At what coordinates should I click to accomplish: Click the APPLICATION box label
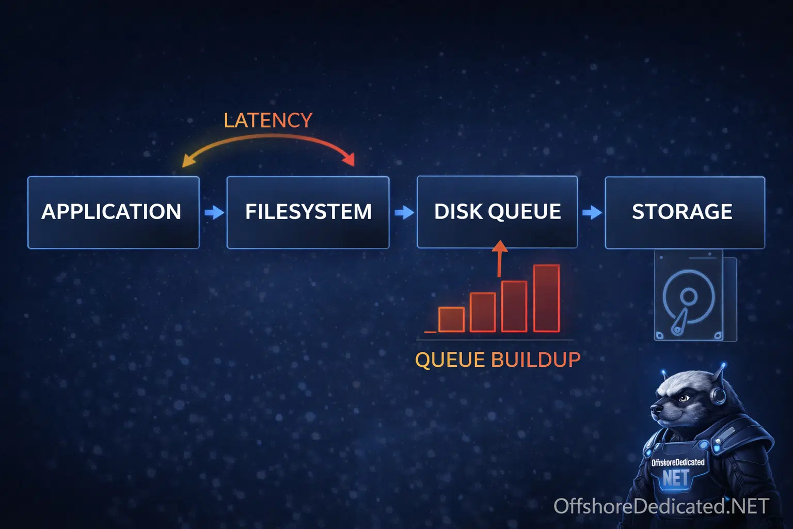[111, 211]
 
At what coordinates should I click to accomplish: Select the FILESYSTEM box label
[308, 211]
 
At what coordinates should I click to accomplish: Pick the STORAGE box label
[682, 211]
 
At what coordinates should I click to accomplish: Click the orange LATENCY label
[268, 120]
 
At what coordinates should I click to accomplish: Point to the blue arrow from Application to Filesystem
[214, 212]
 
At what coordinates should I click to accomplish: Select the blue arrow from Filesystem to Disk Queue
[404, 212]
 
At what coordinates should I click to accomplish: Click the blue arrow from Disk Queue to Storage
[592, 212]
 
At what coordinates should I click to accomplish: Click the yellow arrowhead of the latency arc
[188, 161]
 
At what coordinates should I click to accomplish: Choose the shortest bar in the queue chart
[451, 320]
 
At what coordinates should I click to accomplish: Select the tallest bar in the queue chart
[547, 299]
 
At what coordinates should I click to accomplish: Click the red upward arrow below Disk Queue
[500, 258]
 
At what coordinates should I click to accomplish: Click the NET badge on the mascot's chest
[676, 478]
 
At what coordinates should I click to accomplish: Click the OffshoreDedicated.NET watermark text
[661, 506]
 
